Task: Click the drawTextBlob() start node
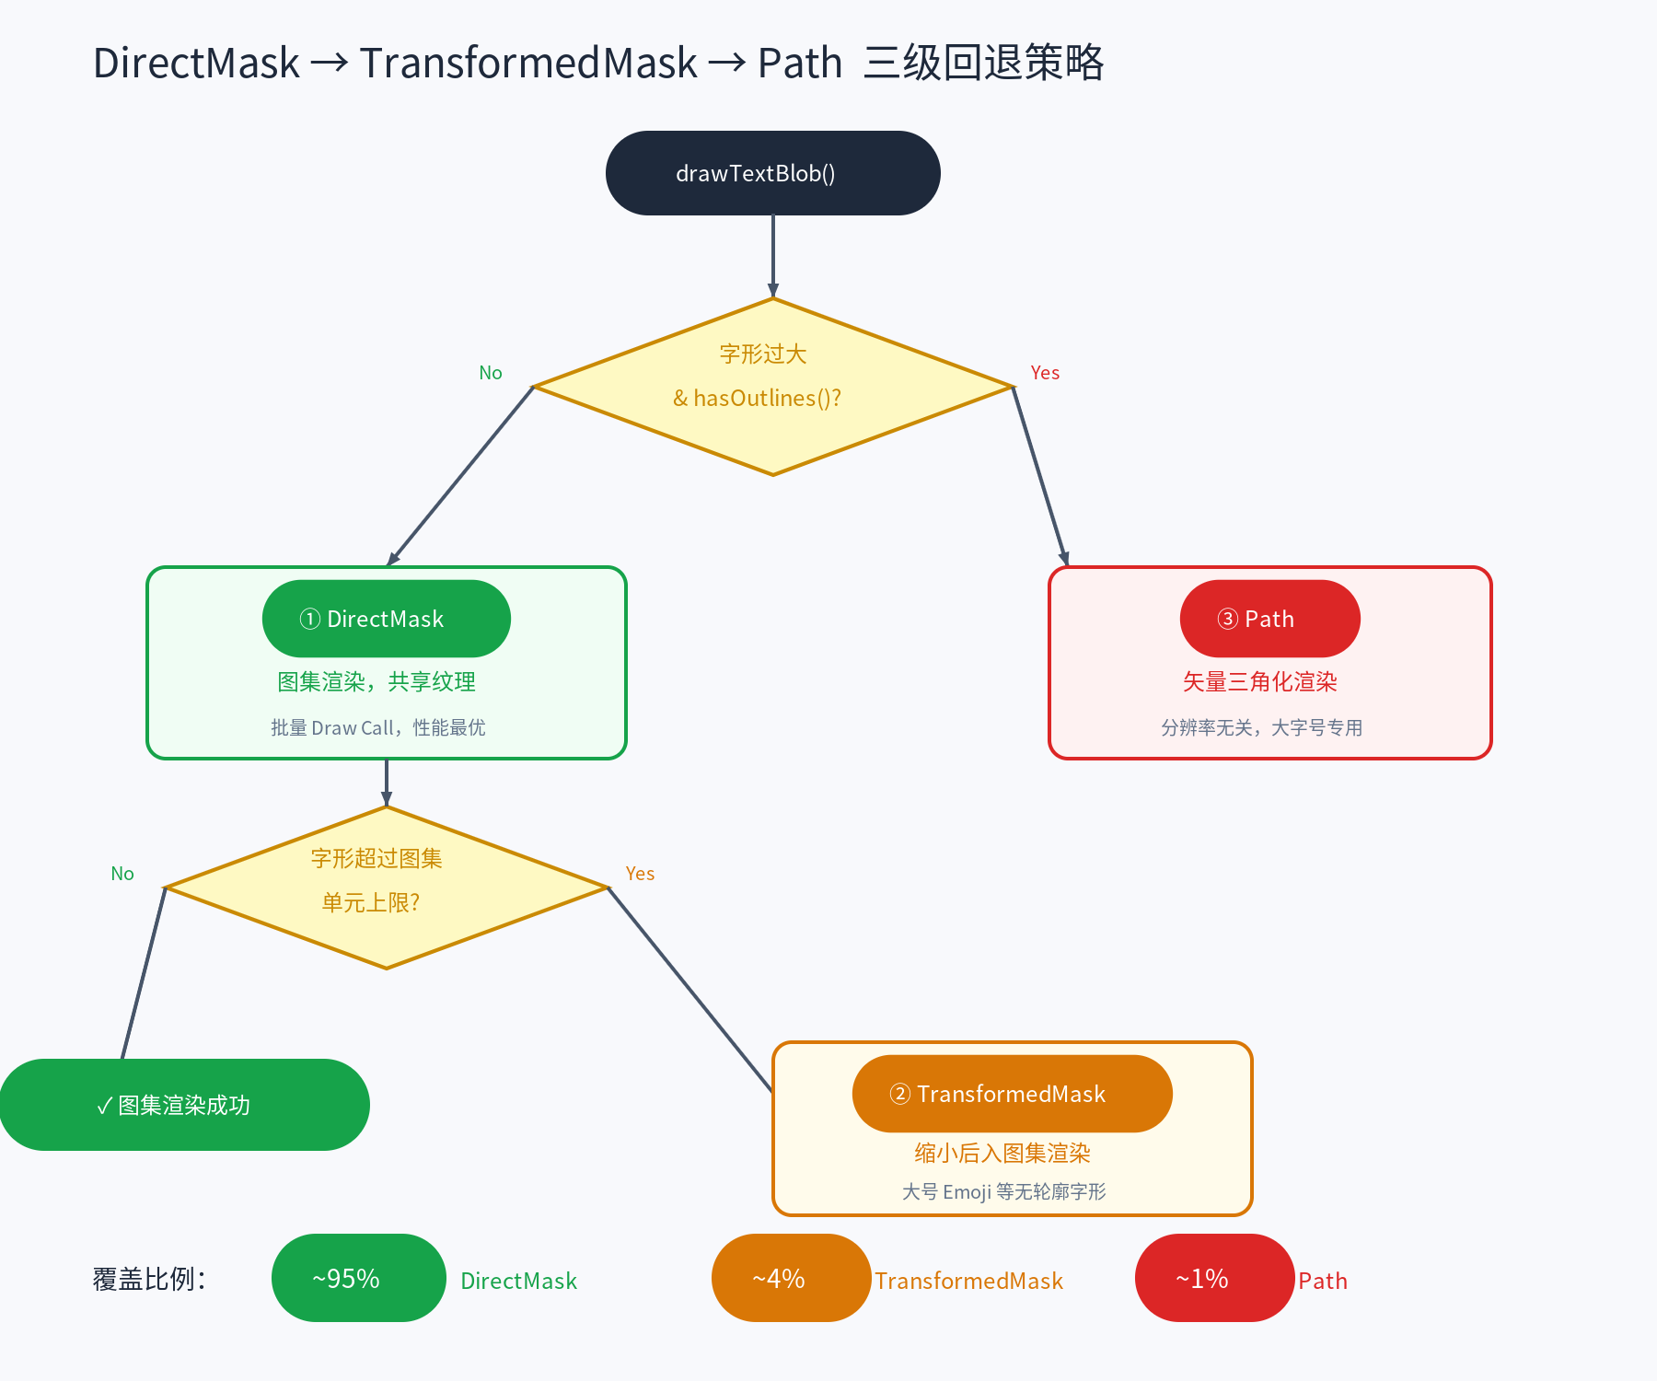[x=772, y=173]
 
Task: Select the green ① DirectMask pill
[x=386, y=619]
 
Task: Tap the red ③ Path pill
[x=1269, y=619]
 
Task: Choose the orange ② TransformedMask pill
[x=1012, y=1094]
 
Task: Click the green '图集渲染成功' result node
[x=184, y=1105]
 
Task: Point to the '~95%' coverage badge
[x=358, y=1278]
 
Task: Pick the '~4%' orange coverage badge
[x=791, y=1278]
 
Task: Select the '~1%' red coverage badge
[x=1214, y=1278]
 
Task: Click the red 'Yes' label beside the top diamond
[x=1045, y=373]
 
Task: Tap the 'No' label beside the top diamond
[x=490, y=373]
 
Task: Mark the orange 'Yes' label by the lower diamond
[x=640, y=874]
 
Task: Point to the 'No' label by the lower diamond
[x=122, y=874]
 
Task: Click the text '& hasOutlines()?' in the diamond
[x=757, y=398]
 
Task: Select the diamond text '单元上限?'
[x=370, y=902]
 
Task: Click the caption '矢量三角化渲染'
[x=1259, y=681]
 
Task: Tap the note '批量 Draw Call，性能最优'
[x=377, y=727]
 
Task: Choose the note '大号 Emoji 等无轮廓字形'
[x=1003, y=1191]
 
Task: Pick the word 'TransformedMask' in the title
[x=528, y=64]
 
